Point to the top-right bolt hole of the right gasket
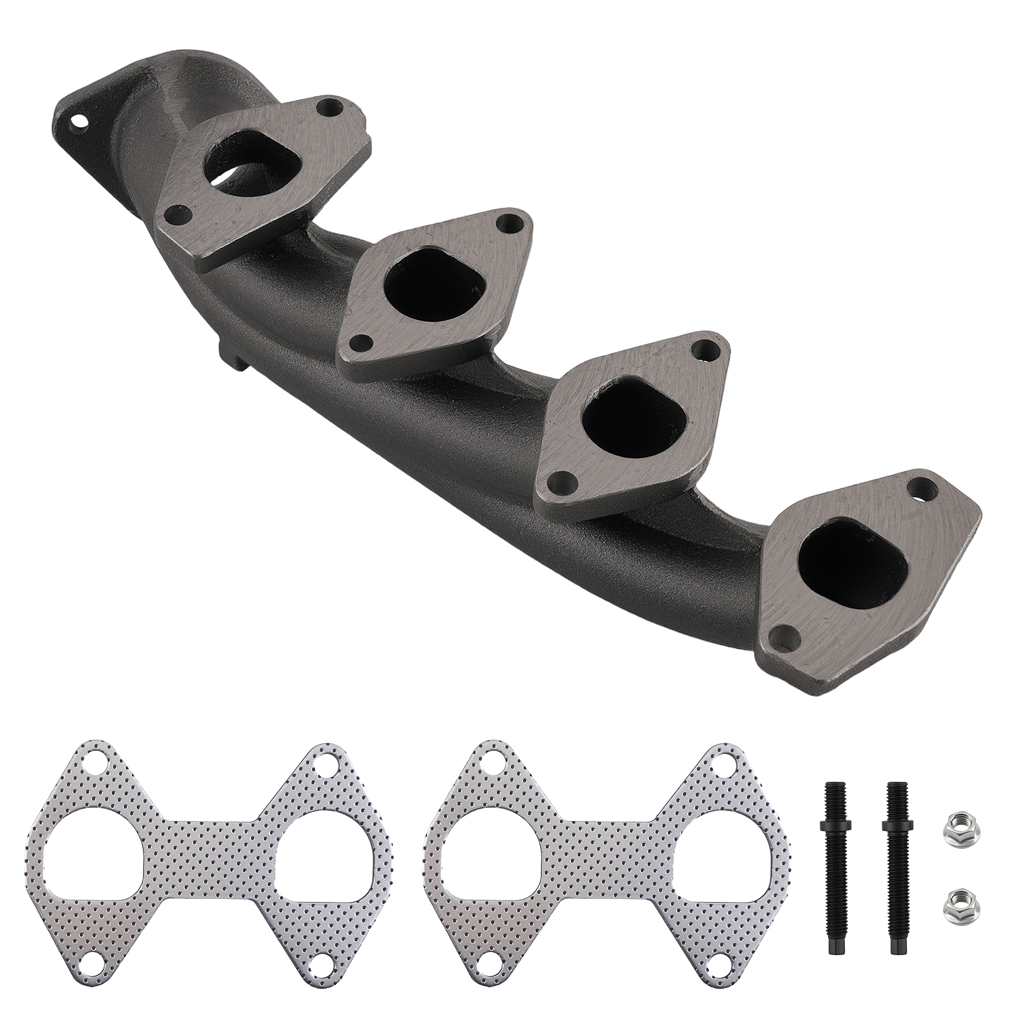tap(722, 762)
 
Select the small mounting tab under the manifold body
tap(230, 357)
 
